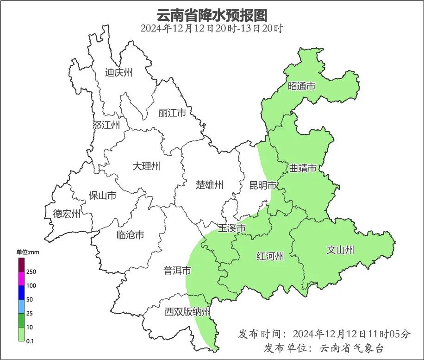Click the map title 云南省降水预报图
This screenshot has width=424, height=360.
pos(212,15)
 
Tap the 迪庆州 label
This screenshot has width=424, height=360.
pos(118,72)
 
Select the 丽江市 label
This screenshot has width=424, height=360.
pos(172,113)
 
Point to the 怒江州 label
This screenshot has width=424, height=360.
pos(106,125)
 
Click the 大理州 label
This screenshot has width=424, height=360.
pos(146,166)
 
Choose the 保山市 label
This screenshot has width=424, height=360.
pos(102,196)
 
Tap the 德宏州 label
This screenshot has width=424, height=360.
pos(67,214)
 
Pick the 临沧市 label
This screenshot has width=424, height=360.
pos(130,235)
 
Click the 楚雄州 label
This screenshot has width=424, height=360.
pos(209,185)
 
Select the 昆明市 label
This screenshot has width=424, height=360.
pos(262,186)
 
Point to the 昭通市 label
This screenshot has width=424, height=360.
pos(301,86)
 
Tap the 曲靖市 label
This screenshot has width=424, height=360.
pos(303,168)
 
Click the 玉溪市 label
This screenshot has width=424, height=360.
pos(231,228)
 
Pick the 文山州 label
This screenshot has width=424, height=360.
pos(340,250)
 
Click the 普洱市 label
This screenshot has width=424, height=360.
pos(177,271)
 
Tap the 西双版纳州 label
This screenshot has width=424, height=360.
pos(187,312)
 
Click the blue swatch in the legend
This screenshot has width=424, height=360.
pos(21,292)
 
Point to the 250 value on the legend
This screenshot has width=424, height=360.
pos(31,272)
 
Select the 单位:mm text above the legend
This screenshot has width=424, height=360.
pos(28,252)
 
